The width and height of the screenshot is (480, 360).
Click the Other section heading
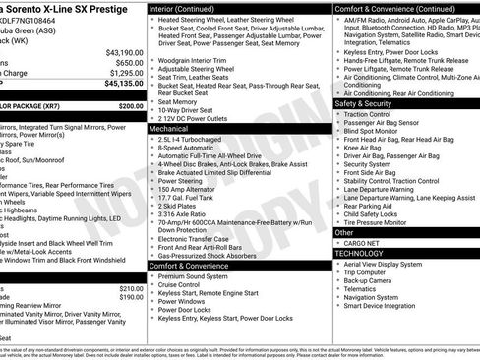pyautogui.click(x=346, y=232)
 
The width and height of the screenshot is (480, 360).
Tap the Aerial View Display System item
pyautogui.click(x=392, y=265)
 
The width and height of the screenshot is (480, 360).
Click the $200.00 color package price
pyautogui.click(x=130, y=105)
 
